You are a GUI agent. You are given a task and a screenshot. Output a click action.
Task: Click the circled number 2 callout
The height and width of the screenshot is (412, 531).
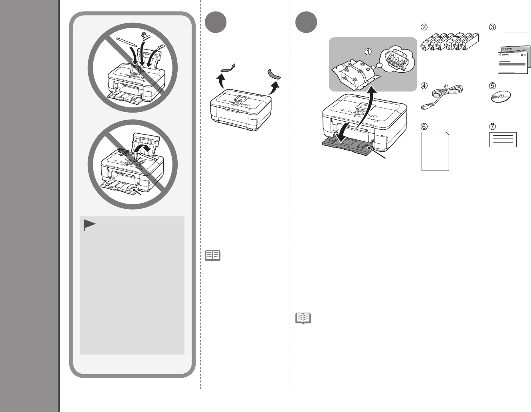[x=424, y=27]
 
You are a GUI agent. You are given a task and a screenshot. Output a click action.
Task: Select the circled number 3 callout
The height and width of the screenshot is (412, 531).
[x=493, y=27]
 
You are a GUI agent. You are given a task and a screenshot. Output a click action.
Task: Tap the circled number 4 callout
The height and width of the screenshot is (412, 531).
[x=424, y=85]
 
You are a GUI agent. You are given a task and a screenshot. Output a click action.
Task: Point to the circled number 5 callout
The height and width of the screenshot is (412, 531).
[x=493, y=85]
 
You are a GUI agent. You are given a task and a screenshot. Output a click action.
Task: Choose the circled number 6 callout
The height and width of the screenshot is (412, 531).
[x=424, y=126]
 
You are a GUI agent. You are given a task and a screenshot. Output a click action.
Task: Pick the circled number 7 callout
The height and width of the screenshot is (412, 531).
[x=493, y=126]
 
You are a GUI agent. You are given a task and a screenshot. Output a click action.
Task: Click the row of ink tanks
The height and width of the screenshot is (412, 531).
[x=450, y=42]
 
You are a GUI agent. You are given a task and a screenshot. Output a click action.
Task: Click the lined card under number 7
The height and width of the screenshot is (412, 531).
[x=503, y=140]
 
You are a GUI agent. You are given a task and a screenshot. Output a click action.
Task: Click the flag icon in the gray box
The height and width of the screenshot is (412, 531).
[x=89, y=225]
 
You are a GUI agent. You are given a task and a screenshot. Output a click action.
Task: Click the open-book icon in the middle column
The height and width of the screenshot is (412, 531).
[x=212, y=256]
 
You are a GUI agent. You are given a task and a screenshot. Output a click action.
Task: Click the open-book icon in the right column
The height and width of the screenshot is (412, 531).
[x=303, y=318]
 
